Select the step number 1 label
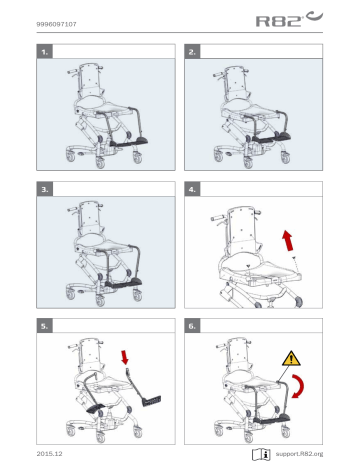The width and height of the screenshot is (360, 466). (x=43, y=49)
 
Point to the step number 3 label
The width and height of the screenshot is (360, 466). (x=43, y=187)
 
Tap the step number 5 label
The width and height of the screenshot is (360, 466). (x=43, y=325)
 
